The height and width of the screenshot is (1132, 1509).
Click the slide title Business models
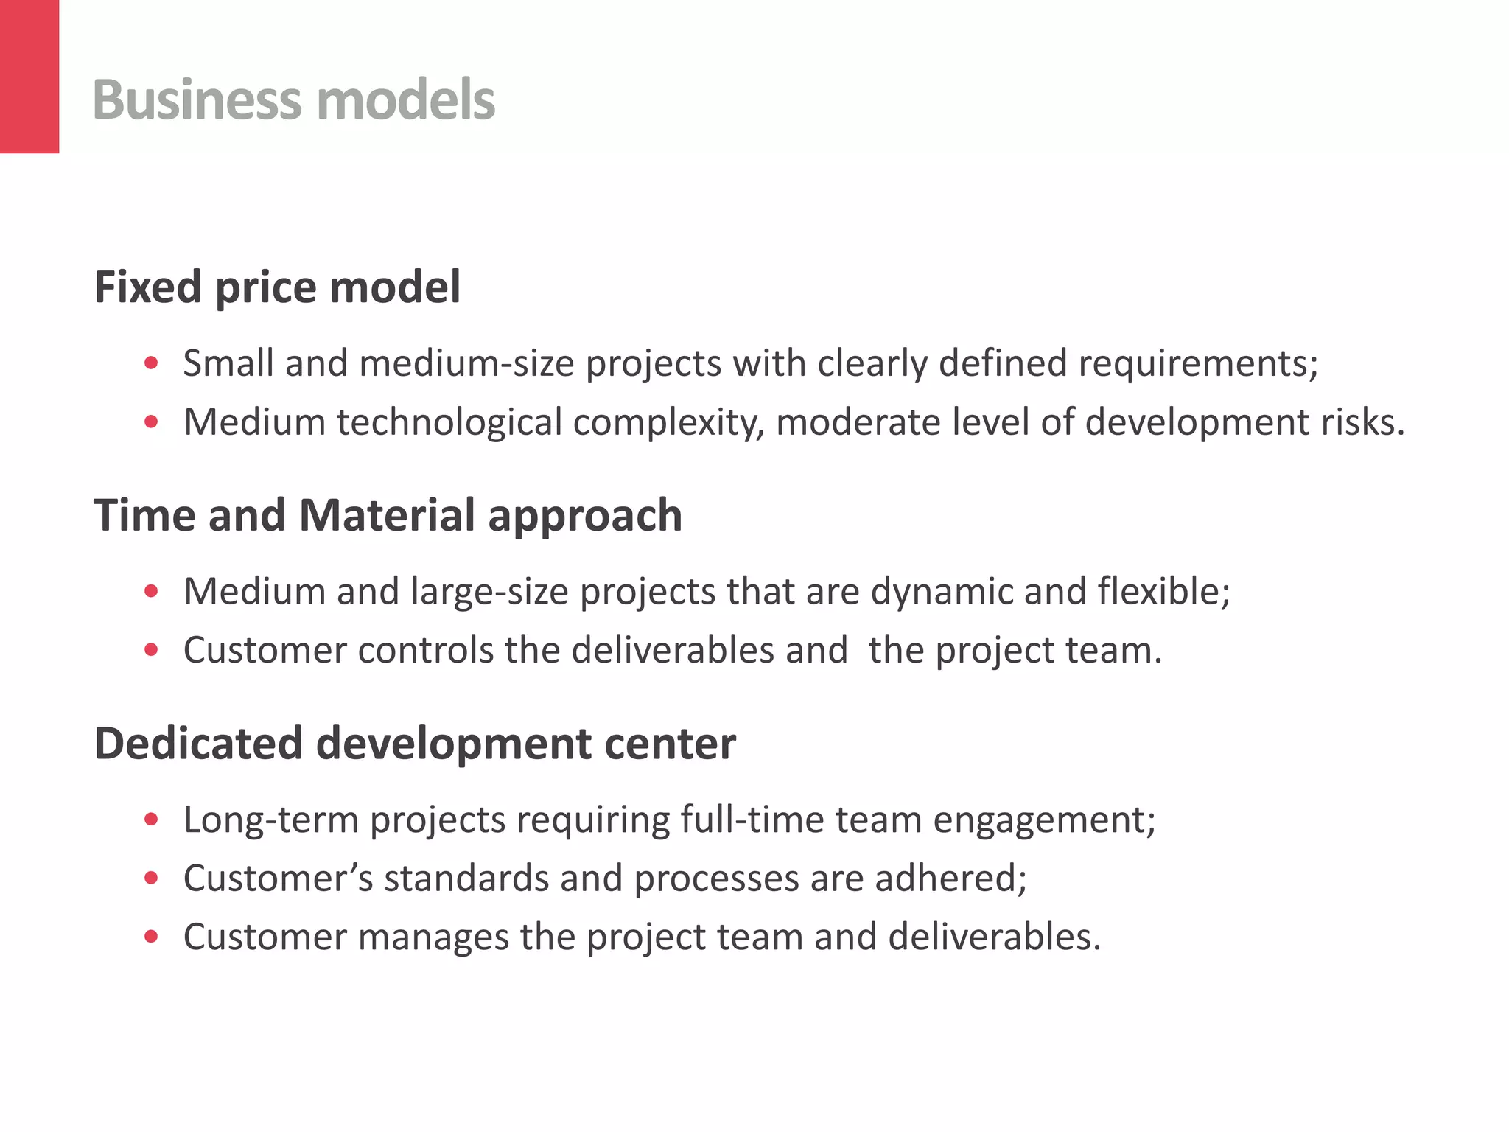click(x=293, y=99)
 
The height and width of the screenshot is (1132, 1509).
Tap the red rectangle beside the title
click(x=29, y=77)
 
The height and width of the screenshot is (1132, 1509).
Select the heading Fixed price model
click(x=277, y=287)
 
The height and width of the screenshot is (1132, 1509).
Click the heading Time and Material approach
click(x=388, y=514)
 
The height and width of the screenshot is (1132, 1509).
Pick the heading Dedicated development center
click(x=415, y=743)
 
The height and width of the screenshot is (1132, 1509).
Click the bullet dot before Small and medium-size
click(x=152, y=363)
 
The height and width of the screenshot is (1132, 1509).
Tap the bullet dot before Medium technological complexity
click(x=152, y=422)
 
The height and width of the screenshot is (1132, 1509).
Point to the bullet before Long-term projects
click(x=152, y=820)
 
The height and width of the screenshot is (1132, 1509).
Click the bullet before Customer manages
click(x=152, y=937)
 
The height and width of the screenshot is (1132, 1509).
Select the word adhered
click(x=950, y=878)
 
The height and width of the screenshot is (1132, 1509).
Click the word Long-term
click(x=270, y=820)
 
